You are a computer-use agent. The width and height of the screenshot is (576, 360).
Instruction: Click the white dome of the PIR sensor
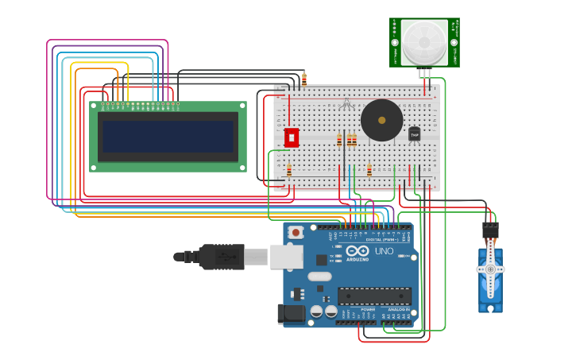tap(423, 43)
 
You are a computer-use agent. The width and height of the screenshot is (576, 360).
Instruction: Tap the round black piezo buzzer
tap(381, 120)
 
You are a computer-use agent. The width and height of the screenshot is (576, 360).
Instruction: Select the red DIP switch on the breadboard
tap(292, 137)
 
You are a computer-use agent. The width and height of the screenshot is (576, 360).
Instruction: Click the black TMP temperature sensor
tap(415, 134)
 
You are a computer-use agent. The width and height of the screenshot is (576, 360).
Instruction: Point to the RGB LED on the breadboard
tap(346, 104)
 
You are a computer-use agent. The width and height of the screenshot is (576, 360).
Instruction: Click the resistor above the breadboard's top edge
tap(304, 79)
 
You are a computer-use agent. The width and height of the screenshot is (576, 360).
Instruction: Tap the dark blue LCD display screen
tap(168, 137)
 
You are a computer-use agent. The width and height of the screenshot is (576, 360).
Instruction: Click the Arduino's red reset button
tap(296, 232)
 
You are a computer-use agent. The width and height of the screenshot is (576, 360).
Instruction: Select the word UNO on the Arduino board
tap(385, 252)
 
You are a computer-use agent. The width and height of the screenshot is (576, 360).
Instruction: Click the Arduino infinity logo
tap(358, 252)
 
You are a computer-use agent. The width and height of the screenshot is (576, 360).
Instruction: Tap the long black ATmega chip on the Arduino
tap(374, 296)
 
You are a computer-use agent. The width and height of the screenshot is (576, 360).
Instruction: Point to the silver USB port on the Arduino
tap(286, 257)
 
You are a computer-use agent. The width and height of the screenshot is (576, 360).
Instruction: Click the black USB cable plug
tap(221, 257)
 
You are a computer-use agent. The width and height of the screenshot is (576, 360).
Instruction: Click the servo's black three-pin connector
tap(490, 230)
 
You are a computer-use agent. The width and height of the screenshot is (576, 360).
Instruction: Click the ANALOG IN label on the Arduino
tap(398, 310)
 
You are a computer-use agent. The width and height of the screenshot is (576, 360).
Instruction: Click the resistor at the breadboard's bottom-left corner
tap(289, 170)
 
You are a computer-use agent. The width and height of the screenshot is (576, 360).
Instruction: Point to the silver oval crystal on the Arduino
tap(319, 277)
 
